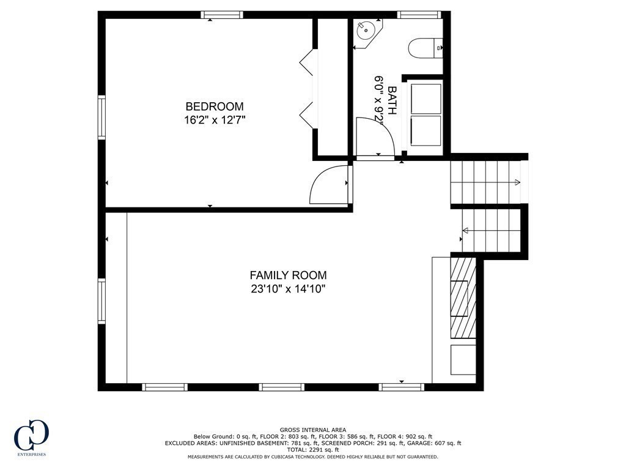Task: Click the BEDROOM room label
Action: (215, 106)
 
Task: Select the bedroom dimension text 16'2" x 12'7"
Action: (215, 120)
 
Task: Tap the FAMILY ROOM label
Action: (288, 275)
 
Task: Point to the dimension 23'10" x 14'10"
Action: (288, 289)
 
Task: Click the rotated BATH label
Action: (392, 101)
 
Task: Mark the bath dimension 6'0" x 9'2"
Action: (379, 101)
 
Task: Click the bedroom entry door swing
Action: (329, 185)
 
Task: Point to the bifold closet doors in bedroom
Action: (307, 89)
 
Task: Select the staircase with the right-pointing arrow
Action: (486, 182)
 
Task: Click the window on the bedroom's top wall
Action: (222, 15)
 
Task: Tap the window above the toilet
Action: (419, 15)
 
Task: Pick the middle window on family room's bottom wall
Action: (281, 387)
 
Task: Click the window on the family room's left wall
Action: (101, 300)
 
